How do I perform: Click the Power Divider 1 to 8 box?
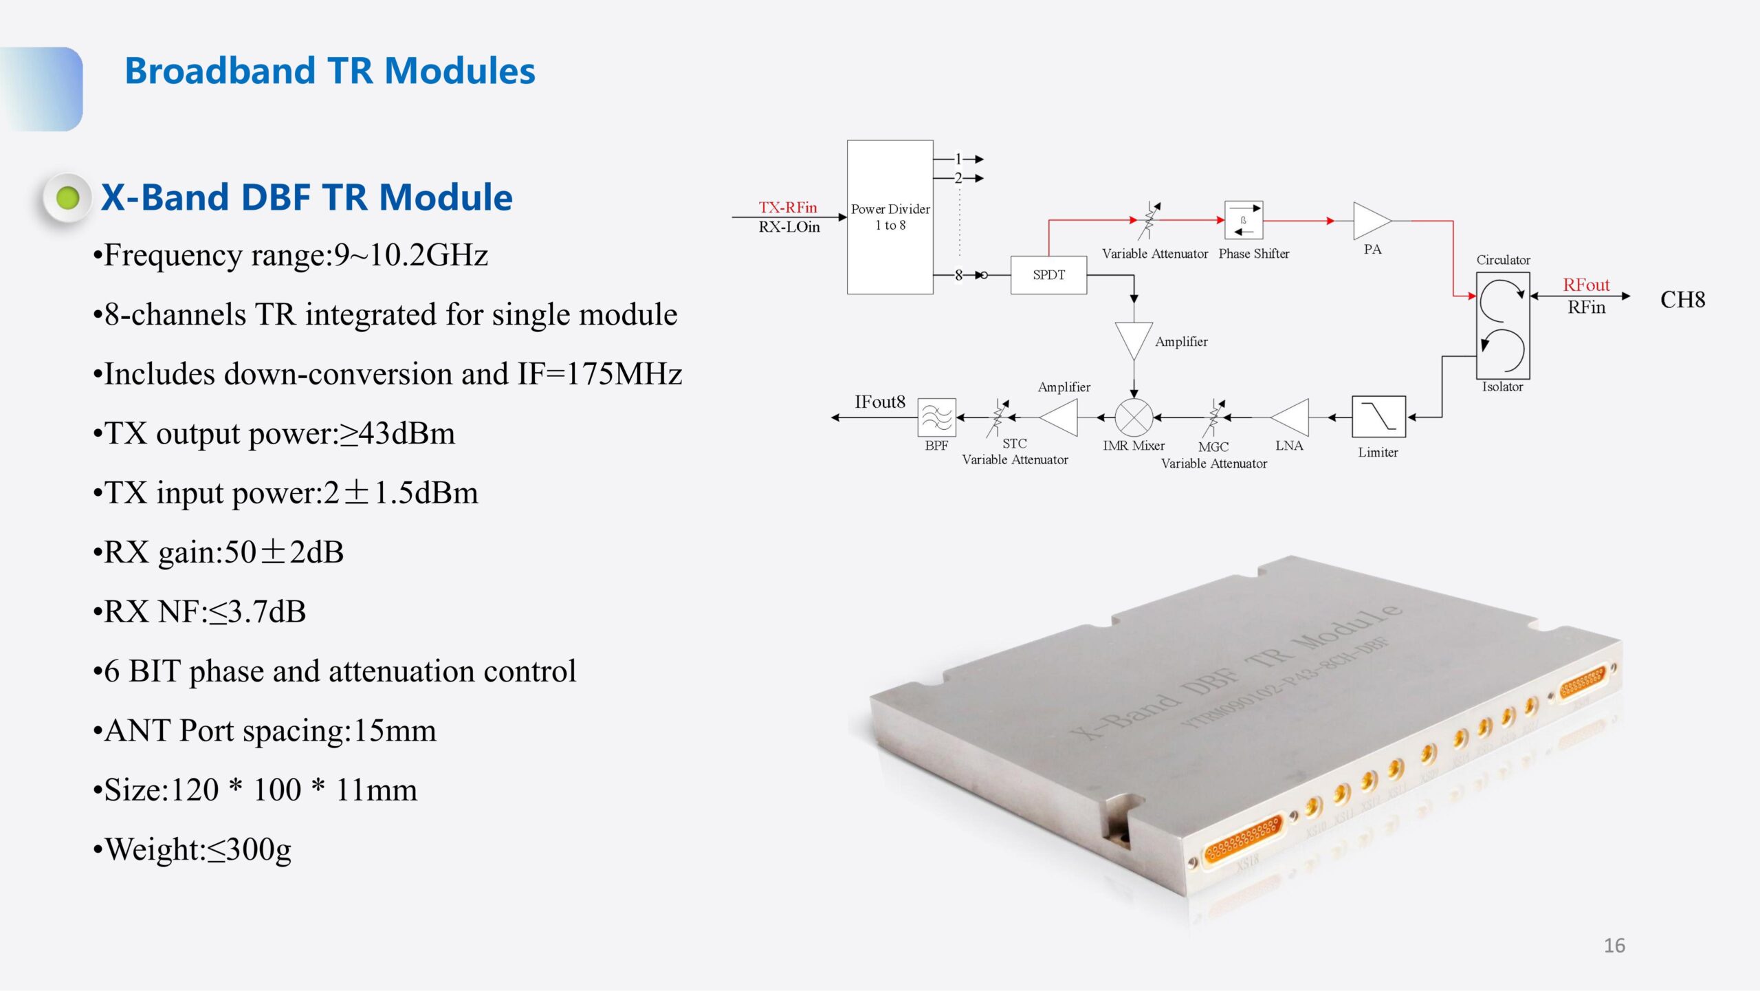[890, 217]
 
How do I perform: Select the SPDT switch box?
[1048, 275]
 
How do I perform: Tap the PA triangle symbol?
[1369, 221]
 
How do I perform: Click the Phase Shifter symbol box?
[1244, 220]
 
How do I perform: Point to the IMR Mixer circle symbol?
[1134, 417]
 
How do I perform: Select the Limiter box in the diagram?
[1378, 417]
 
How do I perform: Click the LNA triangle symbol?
[1292, 417]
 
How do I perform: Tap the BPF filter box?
[936, 417]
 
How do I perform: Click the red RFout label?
[1586, 285]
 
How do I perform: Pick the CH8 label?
[1682, 300]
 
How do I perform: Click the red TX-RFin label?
[788, 207]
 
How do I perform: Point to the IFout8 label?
[879, 402]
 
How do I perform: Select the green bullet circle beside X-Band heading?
[67, 198]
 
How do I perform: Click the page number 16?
[1614, 946]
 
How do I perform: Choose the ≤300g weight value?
[250, 850]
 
